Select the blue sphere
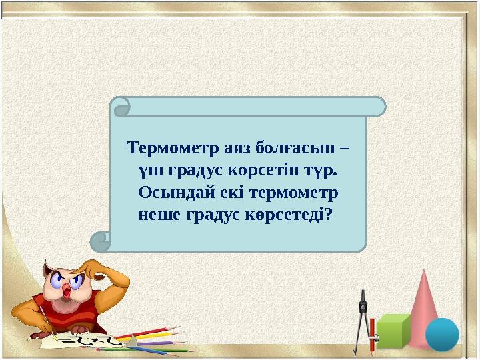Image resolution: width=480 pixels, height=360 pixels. click(x=442, y=334)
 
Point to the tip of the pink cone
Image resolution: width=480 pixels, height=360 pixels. click(x=425, y=271)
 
